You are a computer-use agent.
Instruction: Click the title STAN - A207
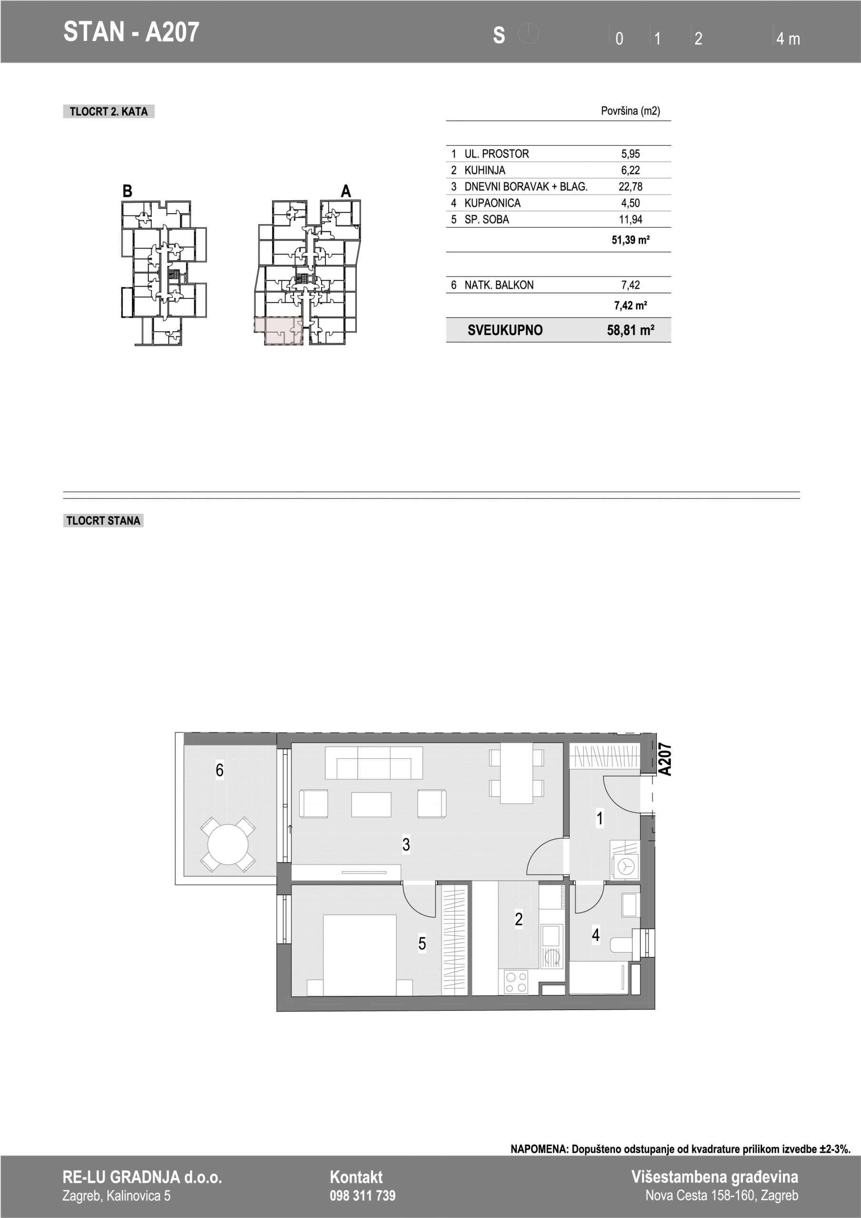click(x=131, y=32)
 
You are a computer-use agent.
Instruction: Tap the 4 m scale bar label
click(x=788, y=39)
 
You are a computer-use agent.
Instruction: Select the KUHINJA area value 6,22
click(x=630, y=170)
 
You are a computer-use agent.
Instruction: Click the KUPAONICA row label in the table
click(x=492, y=203)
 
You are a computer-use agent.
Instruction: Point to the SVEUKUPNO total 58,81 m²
click(x=630, y=330)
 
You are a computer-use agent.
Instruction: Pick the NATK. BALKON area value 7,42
click(x=630, y=285)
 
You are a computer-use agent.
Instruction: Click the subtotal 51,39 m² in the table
click(x=631, y=240)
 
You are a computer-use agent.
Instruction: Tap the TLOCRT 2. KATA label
click(x=109, y=111)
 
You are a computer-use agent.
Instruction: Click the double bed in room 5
click(x=360, y=955)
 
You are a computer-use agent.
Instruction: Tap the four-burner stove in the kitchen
click(x=516, y=982)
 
